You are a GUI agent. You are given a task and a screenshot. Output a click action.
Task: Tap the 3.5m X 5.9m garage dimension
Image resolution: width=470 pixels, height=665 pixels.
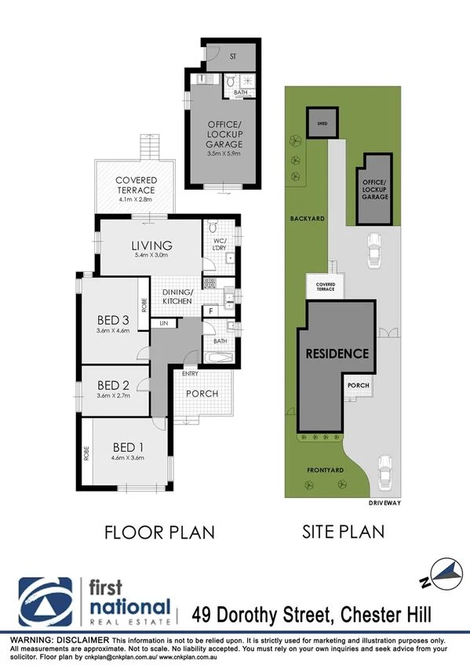(x=224, y=154)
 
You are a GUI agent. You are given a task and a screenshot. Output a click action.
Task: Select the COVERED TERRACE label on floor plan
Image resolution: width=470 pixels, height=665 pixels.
(x=135, y=185)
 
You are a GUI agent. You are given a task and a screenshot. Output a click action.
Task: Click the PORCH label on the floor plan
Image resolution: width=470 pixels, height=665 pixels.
(x=202, y=394)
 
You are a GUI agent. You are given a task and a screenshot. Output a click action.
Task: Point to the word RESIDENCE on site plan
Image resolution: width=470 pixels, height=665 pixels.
(x=337, y=354)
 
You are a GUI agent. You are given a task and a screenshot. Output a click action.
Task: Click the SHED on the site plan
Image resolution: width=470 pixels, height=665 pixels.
(x=318, y=125)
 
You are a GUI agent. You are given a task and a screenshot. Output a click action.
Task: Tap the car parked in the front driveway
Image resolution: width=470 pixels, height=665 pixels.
(x=384, y=471)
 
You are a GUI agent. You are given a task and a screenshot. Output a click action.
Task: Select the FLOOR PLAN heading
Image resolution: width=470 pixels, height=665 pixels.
(x=159, y=532)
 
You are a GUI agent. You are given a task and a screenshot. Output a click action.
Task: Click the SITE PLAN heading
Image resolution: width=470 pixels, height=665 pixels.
(x=343, y=532)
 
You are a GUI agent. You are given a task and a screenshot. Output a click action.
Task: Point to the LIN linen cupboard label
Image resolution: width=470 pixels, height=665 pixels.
(x=164, y=323)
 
